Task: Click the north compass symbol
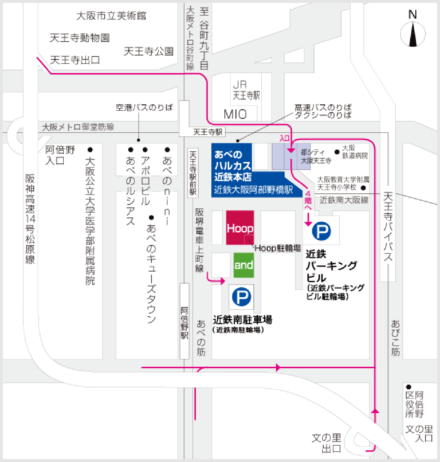point(413,34)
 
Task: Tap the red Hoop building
point(240,228)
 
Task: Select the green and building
point(244,265)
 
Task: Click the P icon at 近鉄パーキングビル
point(321,231)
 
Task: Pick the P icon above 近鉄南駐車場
point(241,297)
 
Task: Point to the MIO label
point(235,114)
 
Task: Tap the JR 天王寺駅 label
point(246,90)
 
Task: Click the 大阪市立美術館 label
point(111,16)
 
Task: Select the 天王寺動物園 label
point(80,38)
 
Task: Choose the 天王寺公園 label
point(148,51)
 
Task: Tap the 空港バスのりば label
point(144,108)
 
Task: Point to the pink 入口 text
point(284,138)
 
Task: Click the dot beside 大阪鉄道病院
point(337,152)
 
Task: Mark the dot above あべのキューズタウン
point(151,217)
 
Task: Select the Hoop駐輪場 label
point(277,248)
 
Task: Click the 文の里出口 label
point(327,443)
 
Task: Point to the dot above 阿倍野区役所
point(408,387)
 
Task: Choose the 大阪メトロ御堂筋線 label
point(78,127)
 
